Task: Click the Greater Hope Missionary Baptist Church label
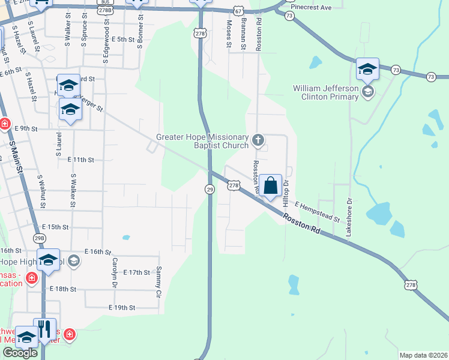(202, 141)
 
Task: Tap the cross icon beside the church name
(258, 141)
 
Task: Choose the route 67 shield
(239, 11)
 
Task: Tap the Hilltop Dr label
(286, 191)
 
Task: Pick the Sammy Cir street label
(159, 283)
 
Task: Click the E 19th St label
(123, 308)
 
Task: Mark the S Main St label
(16, 157)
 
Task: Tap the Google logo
(20, 353)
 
